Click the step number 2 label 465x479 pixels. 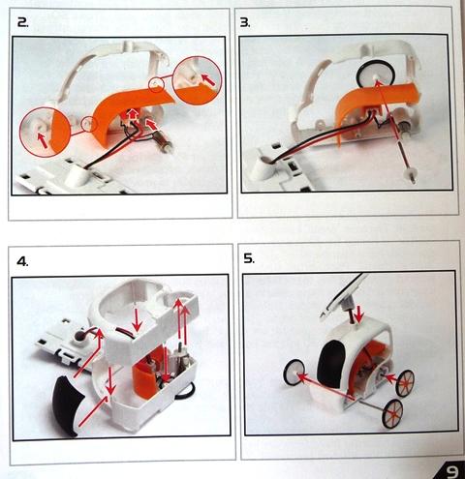click(x=22, y=22)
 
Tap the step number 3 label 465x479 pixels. click(x=245, y=22)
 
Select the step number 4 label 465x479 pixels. click(x=22, y=261)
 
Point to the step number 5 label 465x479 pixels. click(x=249, y=258)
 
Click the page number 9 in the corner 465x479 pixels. click(x=452, y=472)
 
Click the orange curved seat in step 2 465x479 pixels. click(x=129, y=113)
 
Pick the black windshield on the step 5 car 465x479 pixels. click(x=331, y=364)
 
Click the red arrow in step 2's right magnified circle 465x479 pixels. click(x=207, y=79)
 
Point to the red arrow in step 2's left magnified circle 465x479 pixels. click(x=42, y=140)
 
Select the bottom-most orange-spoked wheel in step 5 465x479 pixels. click(x=392, y=413)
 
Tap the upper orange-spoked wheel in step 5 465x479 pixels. click(x=405, y=382)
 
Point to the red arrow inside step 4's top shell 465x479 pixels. click(x=137, y=319)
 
